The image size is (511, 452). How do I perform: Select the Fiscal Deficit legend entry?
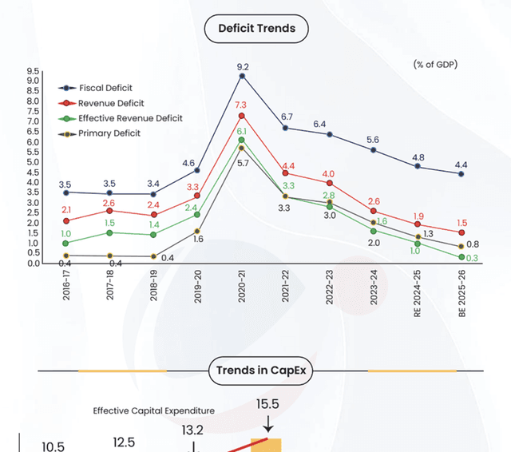tap(105, 88)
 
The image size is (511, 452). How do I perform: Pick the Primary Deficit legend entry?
tap(109, 133)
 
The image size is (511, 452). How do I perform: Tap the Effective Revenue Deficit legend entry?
tap(130, 118)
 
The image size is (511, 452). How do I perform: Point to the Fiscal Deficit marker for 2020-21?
tap(241, 76)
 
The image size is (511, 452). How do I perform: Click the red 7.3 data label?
tap(242, 105)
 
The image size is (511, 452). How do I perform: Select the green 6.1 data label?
tap(242, 130)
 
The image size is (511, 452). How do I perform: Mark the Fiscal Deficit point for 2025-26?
tap(461, 174)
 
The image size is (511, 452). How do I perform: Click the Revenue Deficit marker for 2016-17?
tap(65, 221)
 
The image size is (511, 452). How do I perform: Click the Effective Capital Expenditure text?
tap(153, 410)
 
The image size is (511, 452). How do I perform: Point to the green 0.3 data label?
tap(473, 258)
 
